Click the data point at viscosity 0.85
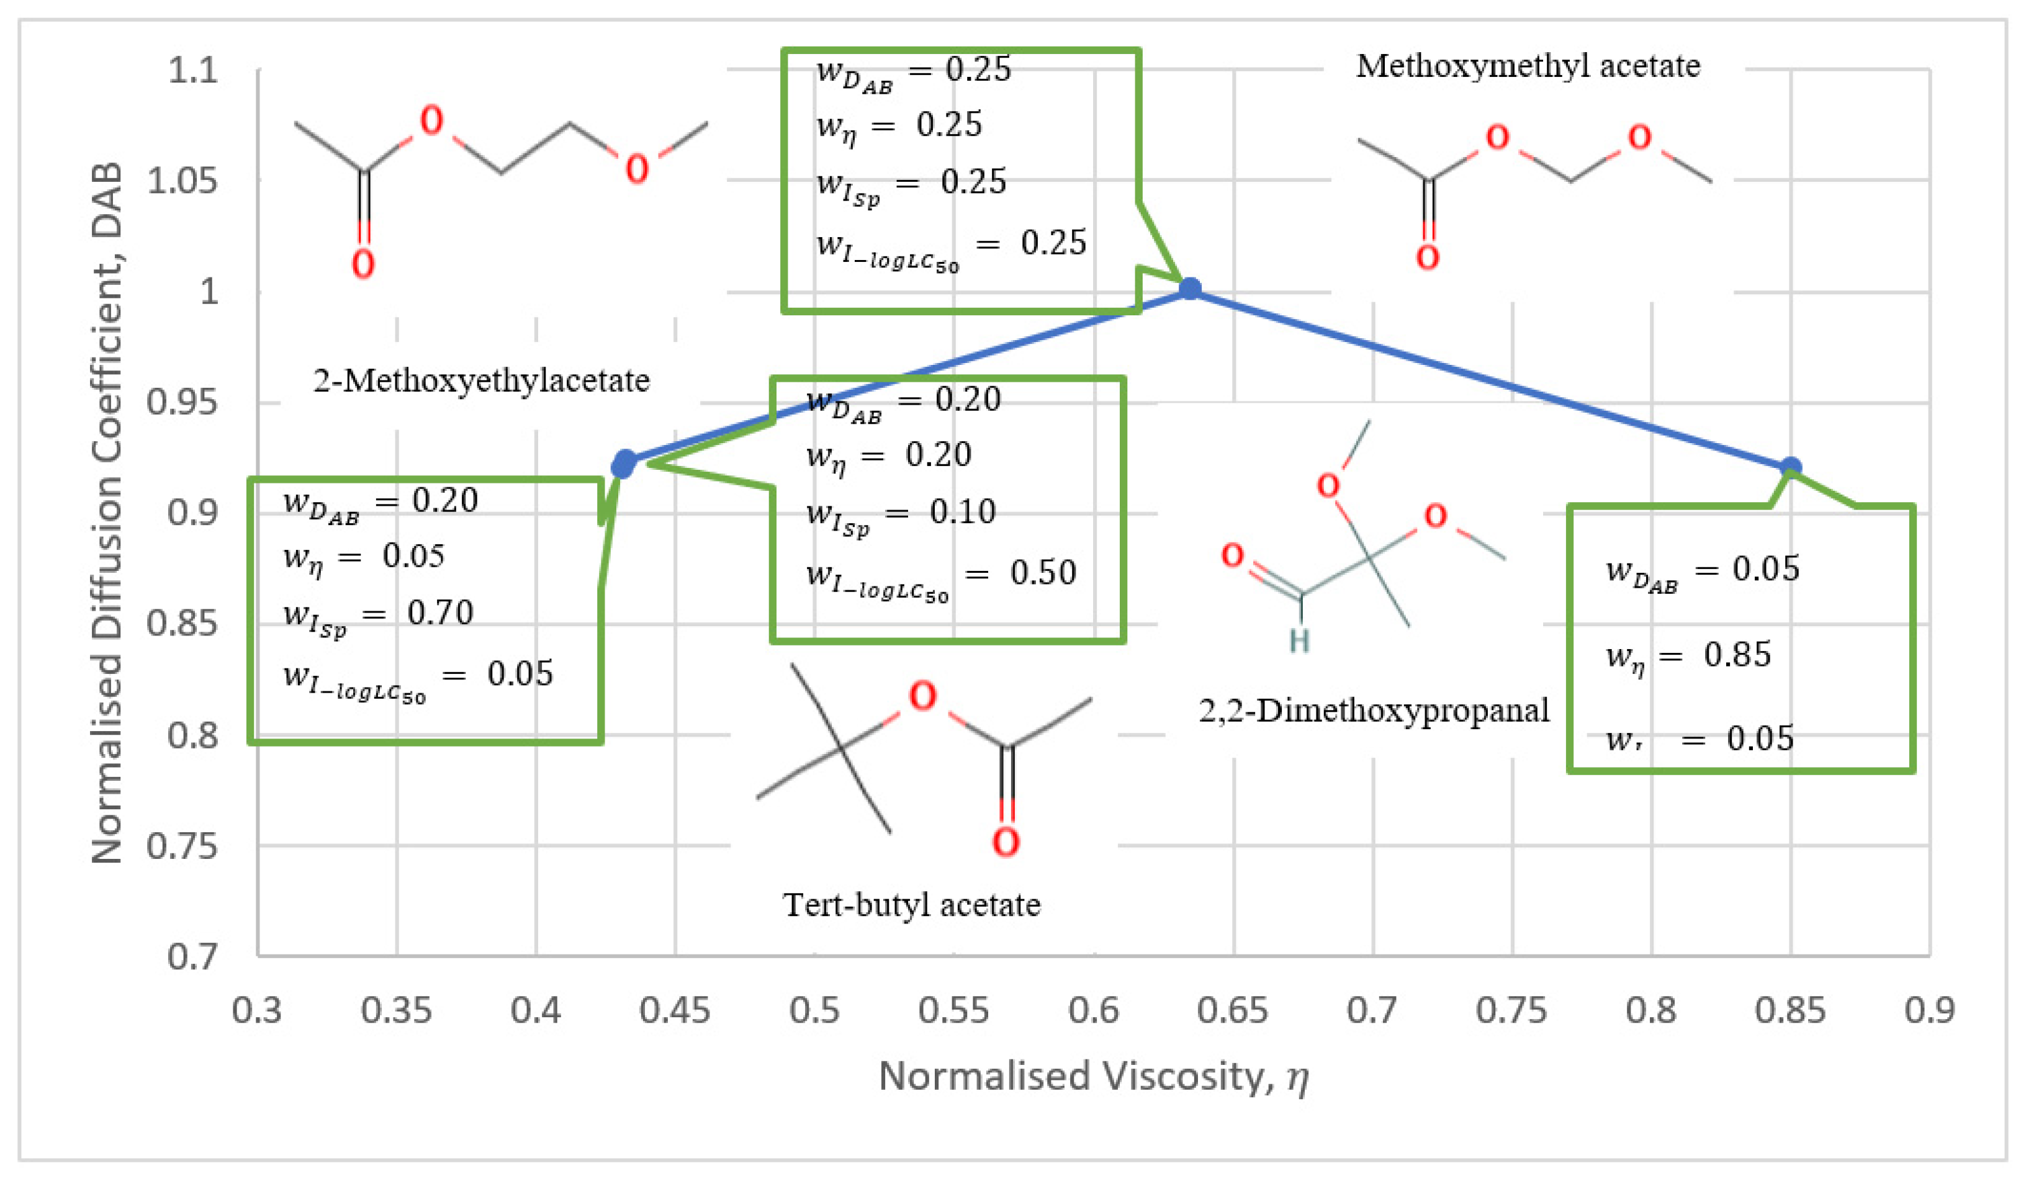pyautogui.click(x=1790, y=467)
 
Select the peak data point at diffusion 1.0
pyautogui.click(x=1190, y=289)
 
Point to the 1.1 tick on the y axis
pyautogui.click(x=193, y=71)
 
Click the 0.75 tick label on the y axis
pyautogui.click(x=182, y=846)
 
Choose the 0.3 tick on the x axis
pyautogui.click(x=256, y=1010)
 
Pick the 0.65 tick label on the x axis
pyautogui.click(x=1233, y=1010)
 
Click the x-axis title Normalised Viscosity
pyautogui.click(x=1094, y=1075)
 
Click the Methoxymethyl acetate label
pyautogui.click(x=1528, y=66)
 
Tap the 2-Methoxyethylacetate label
pyautogui.click(x=481, y=380)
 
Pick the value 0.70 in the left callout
pyautogui.click(x=439, y=613)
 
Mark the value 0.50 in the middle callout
pyautogui.click(x=1043, y=572)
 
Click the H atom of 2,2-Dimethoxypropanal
pyautogui.click(x=1299, y=640)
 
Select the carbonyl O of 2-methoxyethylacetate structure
pyautogui.click(x=362, y=264)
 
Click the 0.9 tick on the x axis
pyautogui.click(x=1930, y=1010)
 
